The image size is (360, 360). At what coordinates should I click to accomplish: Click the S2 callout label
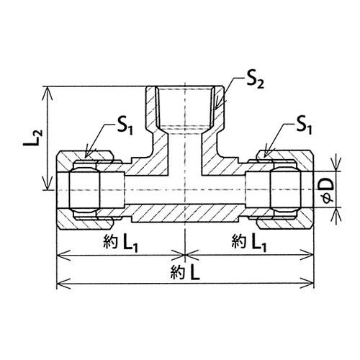click(254, 82)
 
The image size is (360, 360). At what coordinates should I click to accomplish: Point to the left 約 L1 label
click(120, 243)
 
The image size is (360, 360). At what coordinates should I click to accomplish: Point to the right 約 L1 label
click(249, 243)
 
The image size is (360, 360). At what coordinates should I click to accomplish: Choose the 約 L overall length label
click(185, 272)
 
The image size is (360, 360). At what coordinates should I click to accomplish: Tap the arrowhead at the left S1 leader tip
click(88, 153)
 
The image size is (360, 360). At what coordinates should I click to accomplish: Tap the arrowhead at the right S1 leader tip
click(266, 153)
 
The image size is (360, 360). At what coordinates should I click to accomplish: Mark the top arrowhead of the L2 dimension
click(48, 93)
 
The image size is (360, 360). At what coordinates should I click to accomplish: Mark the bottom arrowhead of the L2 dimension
click(48, 184)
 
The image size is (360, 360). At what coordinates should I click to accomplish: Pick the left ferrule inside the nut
click(84, 190)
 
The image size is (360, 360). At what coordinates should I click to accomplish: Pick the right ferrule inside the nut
click(285, 190)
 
